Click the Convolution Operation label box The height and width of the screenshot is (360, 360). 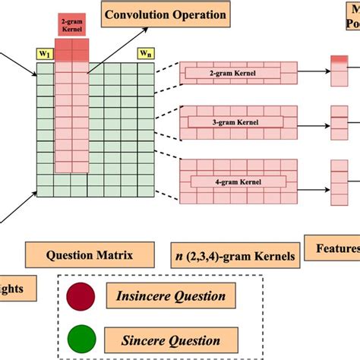[165, 14]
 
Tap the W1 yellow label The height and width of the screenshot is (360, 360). [45, 54]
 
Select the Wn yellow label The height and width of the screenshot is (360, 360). [144, 54]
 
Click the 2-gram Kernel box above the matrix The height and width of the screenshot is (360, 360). [73, 25]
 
